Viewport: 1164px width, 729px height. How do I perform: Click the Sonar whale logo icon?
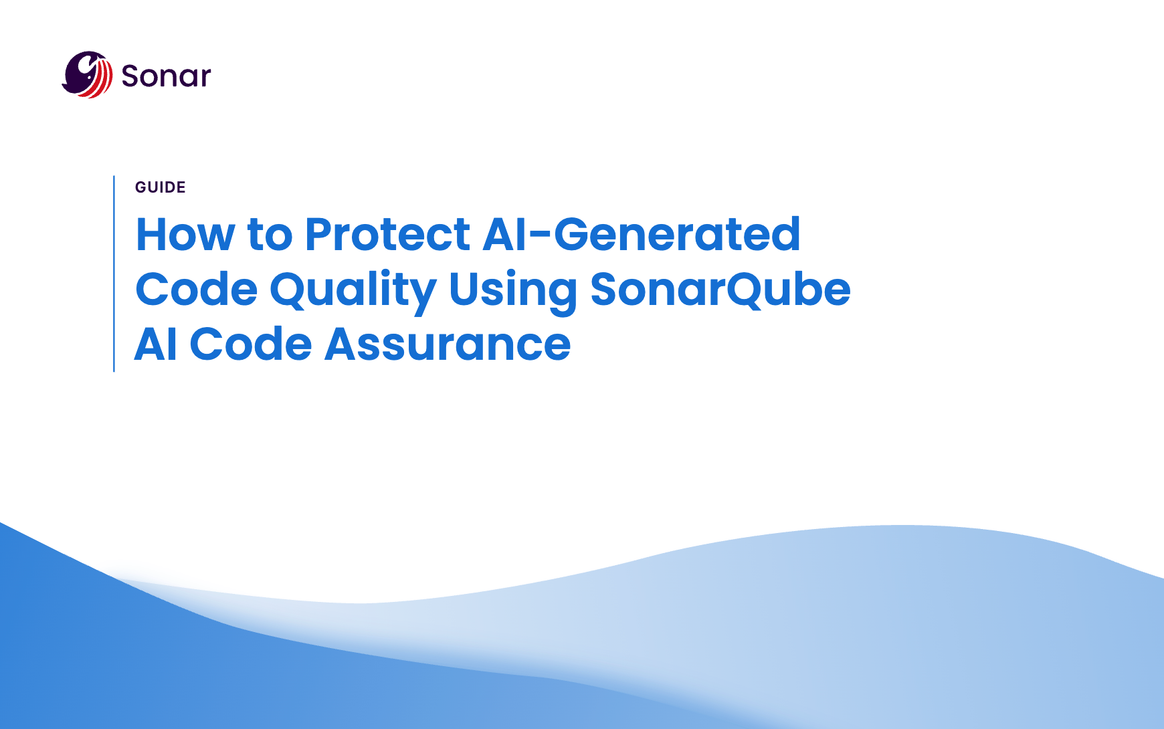point(87,74)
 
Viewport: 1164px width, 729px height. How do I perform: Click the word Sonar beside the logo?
point(166,76)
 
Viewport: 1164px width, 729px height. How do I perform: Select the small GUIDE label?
point(161,187)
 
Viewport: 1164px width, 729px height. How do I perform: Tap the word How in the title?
point(185,234)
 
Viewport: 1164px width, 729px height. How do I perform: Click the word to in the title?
point(270,235)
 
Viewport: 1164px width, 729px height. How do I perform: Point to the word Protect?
point(388,234)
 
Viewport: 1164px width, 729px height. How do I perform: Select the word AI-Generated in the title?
point(642,234)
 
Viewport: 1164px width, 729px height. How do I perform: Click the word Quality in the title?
point(353,291)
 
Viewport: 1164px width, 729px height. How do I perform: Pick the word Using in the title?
point(513,291)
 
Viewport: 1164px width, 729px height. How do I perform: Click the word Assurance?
point(448,344)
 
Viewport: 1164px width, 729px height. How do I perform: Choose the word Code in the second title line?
point(197,290)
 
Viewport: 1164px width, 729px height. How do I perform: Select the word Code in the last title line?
point(251,344)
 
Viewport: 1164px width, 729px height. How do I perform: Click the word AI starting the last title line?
point(156,344)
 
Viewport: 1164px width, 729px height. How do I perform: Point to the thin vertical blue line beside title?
point(114,274)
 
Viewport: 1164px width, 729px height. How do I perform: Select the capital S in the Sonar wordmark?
point(130,76)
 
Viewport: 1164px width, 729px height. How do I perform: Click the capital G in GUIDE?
point(140,187)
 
